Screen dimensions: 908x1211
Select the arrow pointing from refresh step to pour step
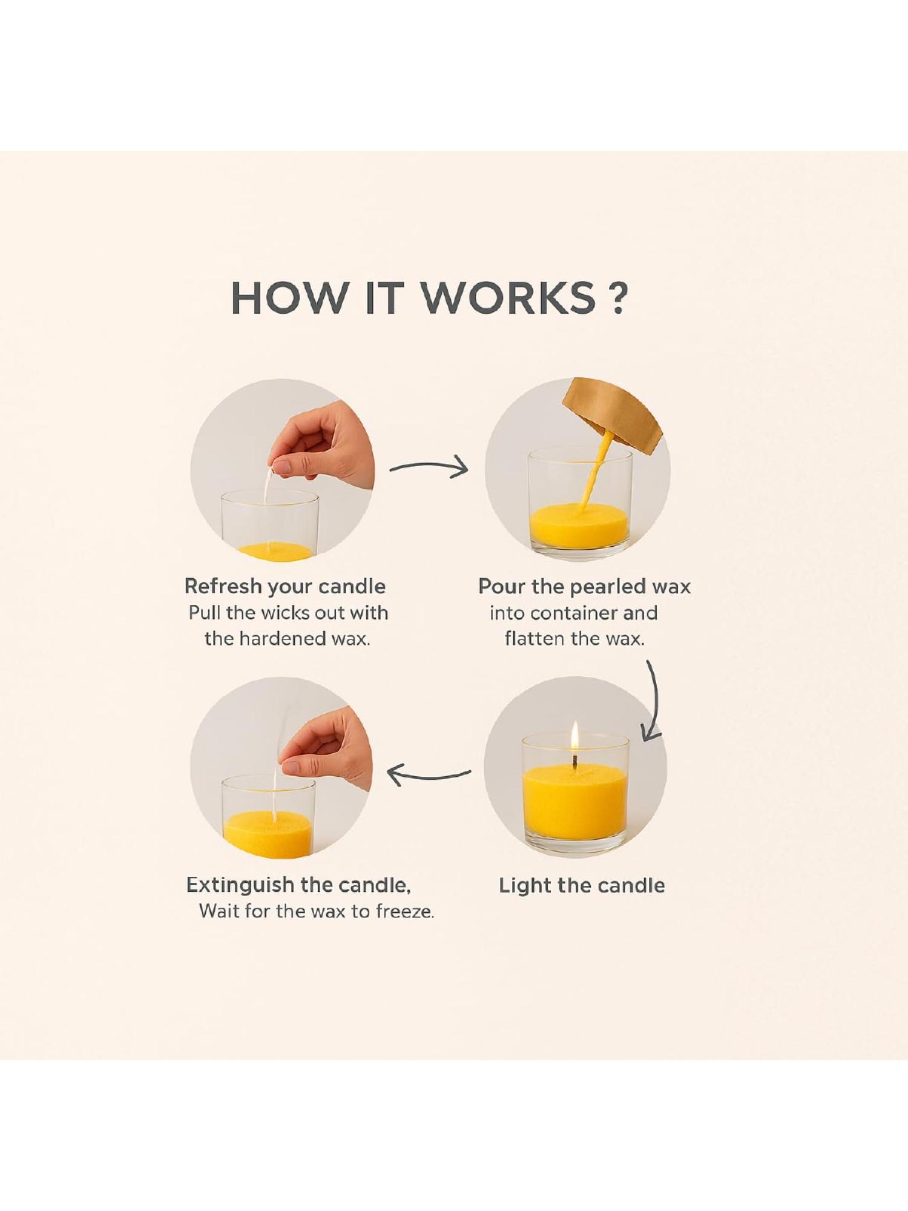(429, 467)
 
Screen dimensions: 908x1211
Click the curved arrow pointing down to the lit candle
(656, 702)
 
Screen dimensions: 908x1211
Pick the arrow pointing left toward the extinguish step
(428, 775)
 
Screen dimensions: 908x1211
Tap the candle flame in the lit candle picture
(575, 737)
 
